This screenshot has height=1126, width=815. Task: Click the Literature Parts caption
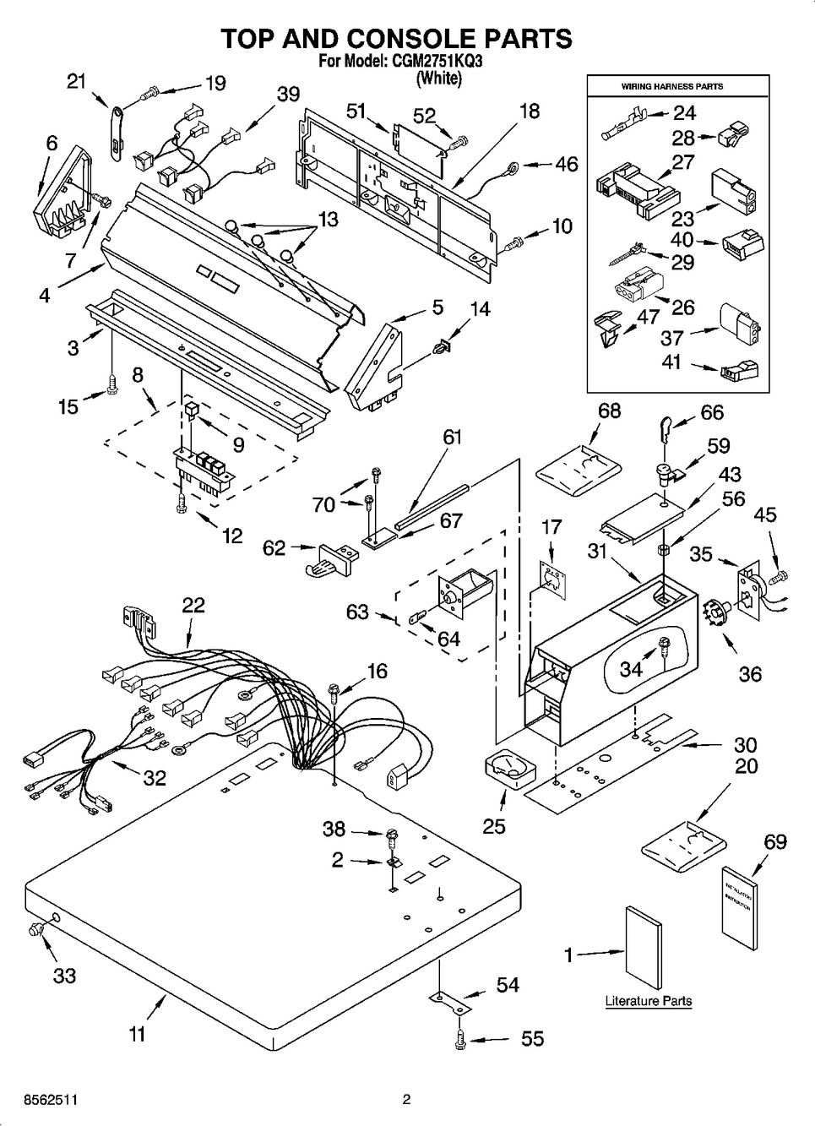click(648, 1001)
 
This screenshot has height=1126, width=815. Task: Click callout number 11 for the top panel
click(137, 1033)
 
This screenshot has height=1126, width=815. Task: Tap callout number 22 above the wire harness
click(193, 606)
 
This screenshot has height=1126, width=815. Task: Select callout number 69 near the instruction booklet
click(775, 841)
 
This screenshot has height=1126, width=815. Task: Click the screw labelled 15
click(112, 383)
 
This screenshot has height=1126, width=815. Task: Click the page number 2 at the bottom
click(406, 1100)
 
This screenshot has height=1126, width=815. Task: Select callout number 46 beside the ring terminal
click(567, 164)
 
